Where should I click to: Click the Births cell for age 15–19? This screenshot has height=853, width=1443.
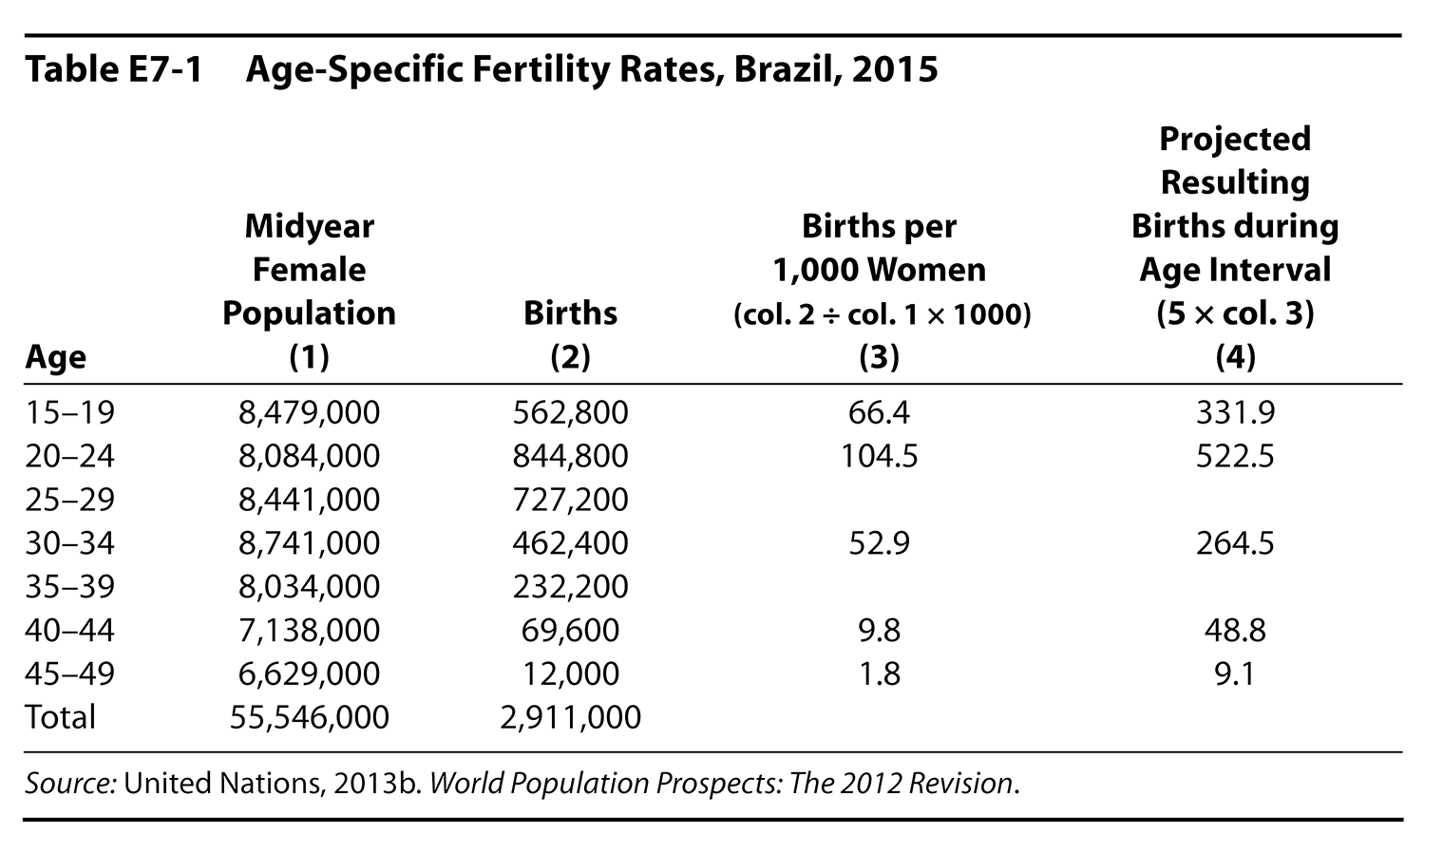pyautogui.click(x=570, y=412)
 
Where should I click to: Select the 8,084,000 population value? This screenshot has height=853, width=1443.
pyautogui.click(x=309, y=456)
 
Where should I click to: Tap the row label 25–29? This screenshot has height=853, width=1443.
pyautogui.click(x=69, y=500)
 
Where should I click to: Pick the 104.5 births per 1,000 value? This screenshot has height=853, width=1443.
pyautogui.click(x=879, y=456)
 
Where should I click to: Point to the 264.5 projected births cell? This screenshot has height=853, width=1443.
pyautogui.click(x=1235, y=543)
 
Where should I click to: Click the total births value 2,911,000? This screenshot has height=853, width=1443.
pyautogui.click(x=570, y=717)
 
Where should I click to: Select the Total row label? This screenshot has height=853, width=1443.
pyautogui.click(x=60, y=717)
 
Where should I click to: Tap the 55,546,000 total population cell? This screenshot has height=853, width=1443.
pyautogui.click(x=309, y=717)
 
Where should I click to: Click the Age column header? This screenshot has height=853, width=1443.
pyautogui.click(x=55, y=357)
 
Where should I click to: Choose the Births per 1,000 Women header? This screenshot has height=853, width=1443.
pyautogui.click(x=879, y=248)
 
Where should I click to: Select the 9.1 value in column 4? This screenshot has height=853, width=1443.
pyautogui.click(x=1235, y=673)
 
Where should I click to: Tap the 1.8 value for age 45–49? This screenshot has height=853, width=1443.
pyautogui.click(x=879, y=673)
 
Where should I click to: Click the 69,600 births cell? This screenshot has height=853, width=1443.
pyautogui.click(x=570, y=630)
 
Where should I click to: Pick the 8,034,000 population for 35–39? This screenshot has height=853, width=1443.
pyautogui.click(x=309, y=586)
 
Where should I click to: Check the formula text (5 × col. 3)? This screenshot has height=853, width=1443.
pyautogui.click(x=1235, y=313)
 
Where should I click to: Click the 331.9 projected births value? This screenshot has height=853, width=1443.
pyautogui.click(x=1235, y=412)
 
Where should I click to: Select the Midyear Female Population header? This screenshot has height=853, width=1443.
pyautogui.click(x=309, y=270)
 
